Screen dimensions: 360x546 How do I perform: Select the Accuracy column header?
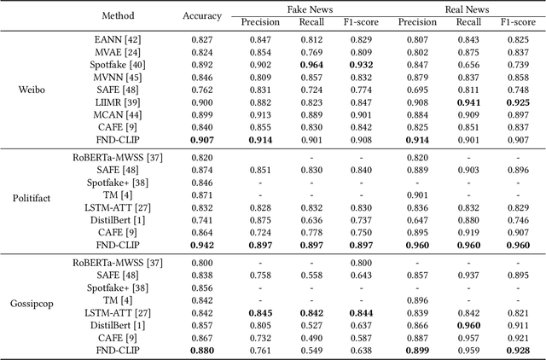click(x=202, y=15)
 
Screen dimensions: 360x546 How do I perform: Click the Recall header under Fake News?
click(x=311, y=22)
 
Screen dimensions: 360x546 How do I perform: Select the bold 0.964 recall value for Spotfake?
click(x=311, y=64)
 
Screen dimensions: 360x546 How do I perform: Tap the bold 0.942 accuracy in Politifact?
click(x=202, y=244)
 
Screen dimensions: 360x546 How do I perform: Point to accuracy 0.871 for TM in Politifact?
click(x=202, y=195)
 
